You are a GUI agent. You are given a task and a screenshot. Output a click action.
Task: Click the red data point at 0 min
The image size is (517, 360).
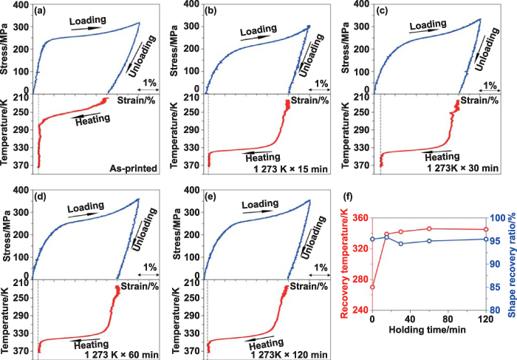pyautogui.click(x=372, y=287)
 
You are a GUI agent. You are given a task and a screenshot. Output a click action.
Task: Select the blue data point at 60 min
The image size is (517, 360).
pyautogui.click(x=428, y=241)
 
